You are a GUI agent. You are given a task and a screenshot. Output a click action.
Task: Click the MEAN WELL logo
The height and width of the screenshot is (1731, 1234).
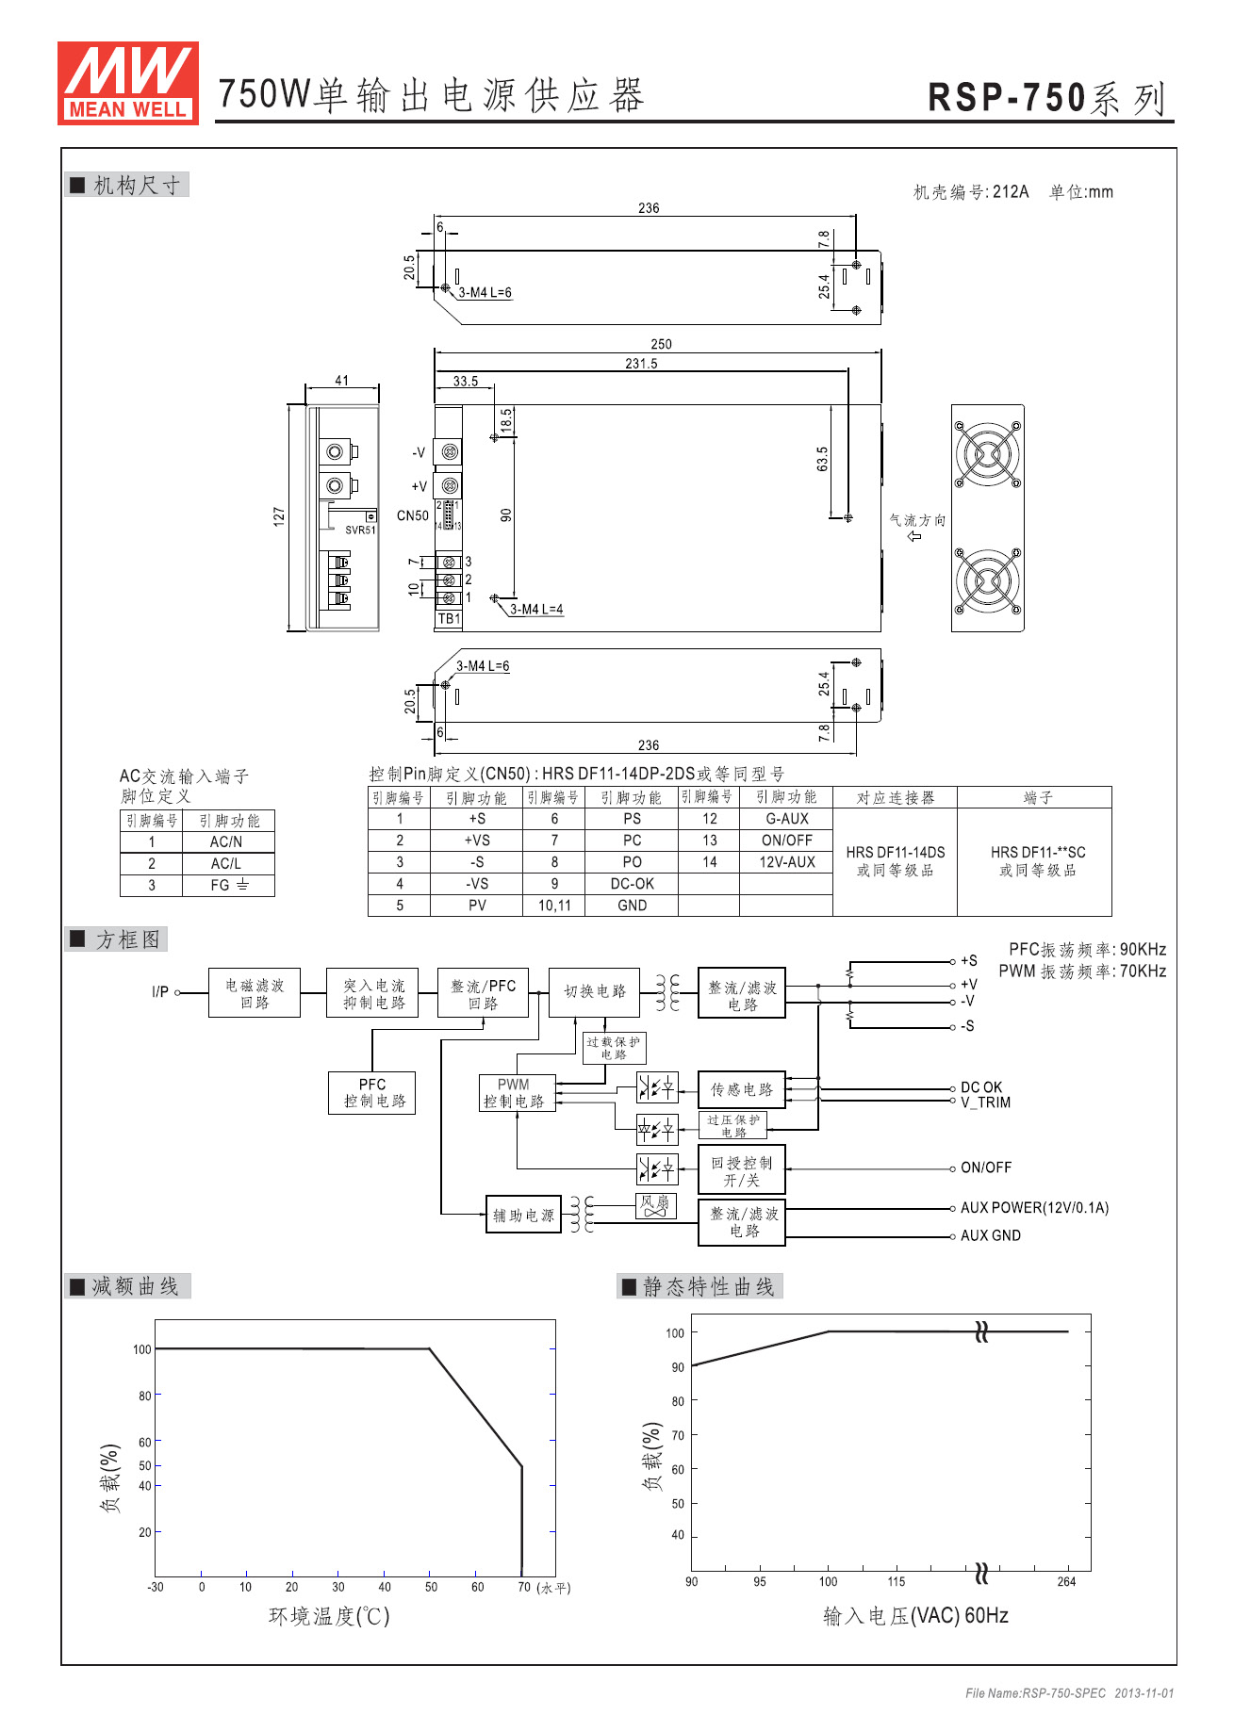[127, 83]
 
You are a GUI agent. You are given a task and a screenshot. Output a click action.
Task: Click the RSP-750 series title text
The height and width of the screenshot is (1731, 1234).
[1047, 98]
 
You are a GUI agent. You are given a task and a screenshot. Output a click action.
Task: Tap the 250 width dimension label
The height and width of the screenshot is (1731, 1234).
[661, 345]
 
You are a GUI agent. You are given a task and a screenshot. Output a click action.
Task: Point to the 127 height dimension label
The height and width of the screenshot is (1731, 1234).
[279, 516]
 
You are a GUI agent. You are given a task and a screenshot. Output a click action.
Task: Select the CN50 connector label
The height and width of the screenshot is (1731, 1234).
[412, 515]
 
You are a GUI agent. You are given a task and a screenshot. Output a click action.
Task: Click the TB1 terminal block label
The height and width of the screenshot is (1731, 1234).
[449, 619]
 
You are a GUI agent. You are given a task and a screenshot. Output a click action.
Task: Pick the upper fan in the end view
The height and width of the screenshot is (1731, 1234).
[987, 453]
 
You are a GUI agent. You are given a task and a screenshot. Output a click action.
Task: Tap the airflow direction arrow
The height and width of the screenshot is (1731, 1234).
[914, 536]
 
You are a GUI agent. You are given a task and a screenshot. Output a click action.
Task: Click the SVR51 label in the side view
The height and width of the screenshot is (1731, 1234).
[360, 530]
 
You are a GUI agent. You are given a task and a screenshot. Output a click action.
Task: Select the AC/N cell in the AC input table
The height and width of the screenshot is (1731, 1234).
[226, 841]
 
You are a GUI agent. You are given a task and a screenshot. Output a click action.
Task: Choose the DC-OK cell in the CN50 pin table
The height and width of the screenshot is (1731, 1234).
[632, 884]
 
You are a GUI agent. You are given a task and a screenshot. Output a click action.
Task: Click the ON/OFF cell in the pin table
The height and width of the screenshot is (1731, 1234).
[786, 841]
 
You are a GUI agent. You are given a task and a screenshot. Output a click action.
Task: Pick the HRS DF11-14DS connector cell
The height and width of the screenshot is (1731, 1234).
[895, 861]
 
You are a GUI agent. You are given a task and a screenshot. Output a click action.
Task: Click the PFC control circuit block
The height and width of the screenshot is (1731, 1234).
[372, 1092]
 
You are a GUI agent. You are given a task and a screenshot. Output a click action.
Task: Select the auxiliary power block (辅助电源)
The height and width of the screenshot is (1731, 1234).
[523, 1215]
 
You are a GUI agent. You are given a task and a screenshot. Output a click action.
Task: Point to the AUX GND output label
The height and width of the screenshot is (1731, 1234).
[991, 1235]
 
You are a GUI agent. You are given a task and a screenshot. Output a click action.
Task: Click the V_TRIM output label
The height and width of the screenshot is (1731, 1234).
[985, 1102]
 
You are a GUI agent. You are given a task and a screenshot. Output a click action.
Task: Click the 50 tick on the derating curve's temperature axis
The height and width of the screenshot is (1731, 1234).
[431, 1587]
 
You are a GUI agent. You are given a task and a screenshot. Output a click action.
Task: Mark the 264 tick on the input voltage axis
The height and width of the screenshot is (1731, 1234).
[1066, 1581]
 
